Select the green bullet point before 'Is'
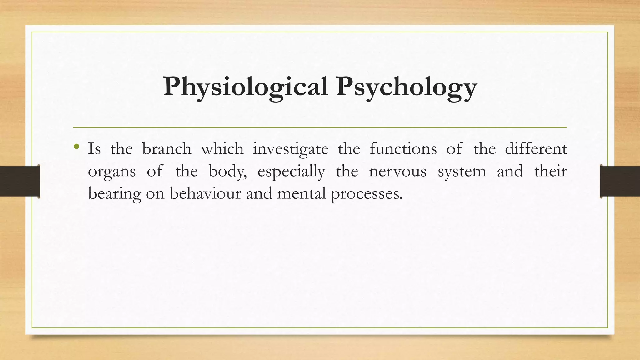(x=77, y=146)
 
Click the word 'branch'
(x=167, y=149)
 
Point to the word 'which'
(x=222, y=149)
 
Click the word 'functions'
(x=403, y=149)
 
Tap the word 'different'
(x=536, y=149)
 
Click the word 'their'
(x=551, y=171)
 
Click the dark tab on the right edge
(x=620, y=181)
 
